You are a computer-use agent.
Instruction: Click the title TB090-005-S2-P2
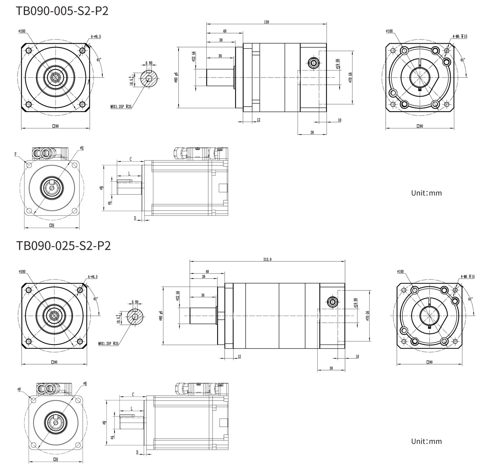(x=62, y=10)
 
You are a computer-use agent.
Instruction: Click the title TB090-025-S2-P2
(x=63, y=246)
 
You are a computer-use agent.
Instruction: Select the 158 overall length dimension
(x=267, y=22)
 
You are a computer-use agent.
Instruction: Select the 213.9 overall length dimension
(x=267, y=259)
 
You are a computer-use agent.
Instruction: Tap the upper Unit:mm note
(x=426, y=193)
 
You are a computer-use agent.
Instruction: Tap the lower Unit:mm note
(x=426, y=441)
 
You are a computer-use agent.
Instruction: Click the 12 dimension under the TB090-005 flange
(x=258, y=120)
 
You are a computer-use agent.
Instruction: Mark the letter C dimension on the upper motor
(x=131, y=159)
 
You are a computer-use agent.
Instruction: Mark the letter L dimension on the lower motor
(x=131, y=408)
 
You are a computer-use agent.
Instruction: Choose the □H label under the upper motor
(x=51, y=225)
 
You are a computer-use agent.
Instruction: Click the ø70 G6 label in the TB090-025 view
(x=367, y=315)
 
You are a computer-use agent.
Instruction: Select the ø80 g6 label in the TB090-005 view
(x=176, y=78)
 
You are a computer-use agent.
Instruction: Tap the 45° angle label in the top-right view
(x=463, y=60)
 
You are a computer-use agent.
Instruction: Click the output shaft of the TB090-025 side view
(x=203, y=315)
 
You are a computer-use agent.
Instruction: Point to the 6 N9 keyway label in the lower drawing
(x=135, y=302)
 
